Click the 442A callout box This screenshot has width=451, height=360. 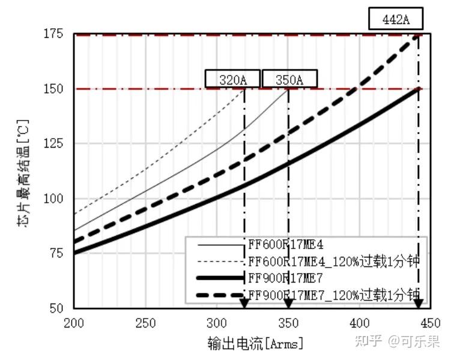click(396, 19)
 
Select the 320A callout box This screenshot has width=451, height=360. click(233, 79)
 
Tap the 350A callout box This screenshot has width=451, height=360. click(289, 79)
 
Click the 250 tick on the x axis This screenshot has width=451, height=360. click(145, 322)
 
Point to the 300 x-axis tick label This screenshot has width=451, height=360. click(216, 322)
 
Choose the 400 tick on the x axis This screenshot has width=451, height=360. click(359, 322)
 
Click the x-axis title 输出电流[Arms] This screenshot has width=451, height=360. click(255, 343)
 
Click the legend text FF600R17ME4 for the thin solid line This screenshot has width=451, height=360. click(286, 244)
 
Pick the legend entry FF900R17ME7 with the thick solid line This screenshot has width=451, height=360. click(286, 278)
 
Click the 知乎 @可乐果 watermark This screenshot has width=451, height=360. click(397, 341)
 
